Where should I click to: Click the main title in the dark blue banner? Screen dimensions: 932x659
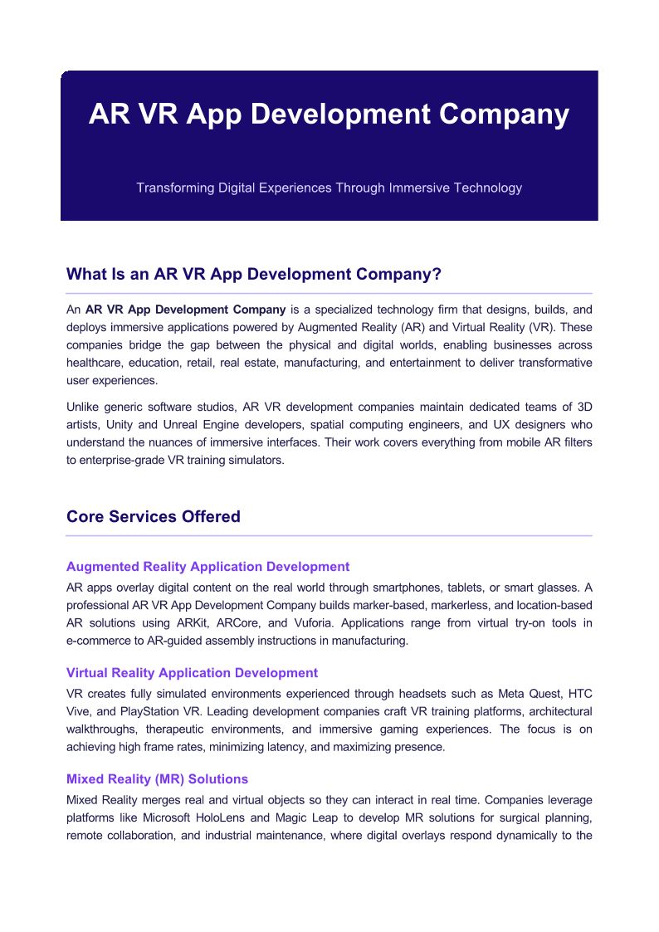tap(329, 114)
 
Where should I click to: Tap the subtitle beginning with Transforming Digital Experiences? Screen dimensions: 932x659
tap(329, 188)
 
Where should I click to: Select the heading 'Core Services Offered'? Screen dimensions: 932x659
tap(153, 516)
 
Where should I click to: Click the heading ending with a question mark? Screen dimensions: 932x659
tap(253, 274)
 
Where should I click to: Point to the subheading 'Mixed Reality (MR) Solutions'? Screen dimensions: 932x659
tap(157, 779)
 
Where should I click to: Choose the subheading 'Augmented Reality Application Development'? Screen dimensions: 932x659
tap(207, 567)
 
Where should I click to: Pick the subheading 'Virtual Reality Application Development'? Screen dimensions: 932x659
tap(192, 673)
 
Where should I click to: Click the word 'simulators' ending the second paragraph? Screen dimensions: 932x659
tap(255, 460)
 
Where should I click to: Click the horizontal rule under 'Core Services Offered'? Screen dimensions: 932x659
tap(329, 536)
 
